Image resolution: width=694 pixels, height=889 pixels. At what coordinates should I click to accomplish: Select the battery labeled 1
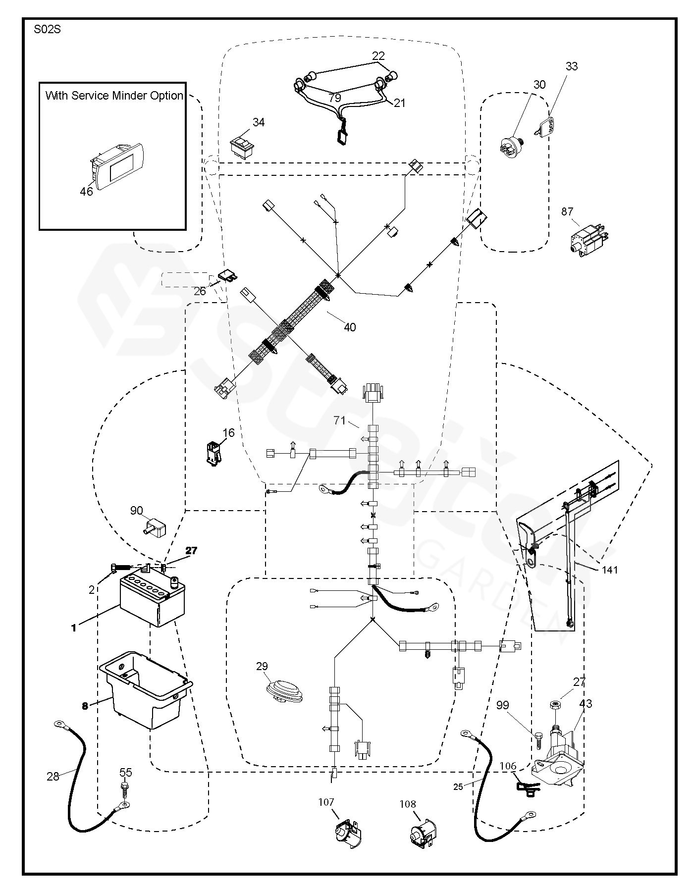[x=152, y=601]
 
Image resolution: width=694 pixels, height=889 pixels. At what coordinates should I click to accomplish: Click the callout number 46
[x=86, y=191]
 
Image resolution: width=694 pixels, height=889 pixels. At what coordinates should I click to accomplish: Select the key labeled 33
[x=546, y=124]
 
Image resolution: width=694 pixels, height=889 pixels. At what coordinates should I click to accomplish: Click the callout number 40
[x=350, y=327]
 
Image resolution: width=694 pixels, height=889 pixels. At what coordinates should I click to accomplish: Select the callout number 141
[x=610, y=570]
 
